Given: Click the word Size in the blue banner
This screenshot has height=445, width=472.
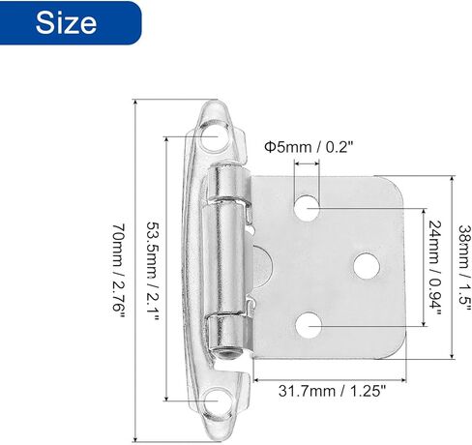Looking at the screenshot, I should (x=67, y=23).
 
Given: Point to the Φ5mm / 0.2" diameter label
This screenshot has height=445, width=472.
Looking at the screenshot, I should (x=309, y=147).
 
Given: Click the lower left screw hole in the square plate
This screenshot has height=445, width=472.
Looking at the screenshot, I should (x=309, y=324).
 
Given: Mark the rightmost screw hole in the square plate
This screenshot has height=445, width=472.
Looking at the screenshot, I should (x=367, y=264).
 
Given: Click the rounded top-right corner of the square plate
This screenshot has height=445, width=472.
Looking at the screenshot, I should (x=392, y=190).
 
